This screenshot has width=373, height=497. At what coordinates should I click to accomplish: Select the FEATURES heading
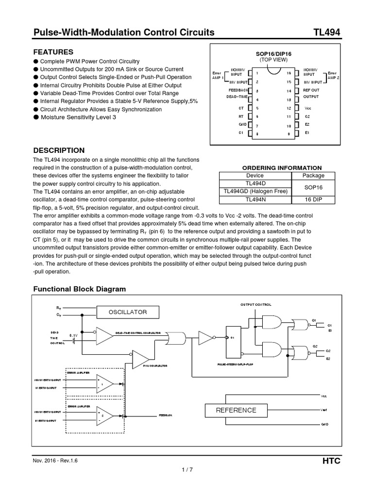[53, 52]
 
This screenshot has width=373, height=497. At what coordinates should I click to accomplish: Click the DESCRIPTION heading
[58, 150]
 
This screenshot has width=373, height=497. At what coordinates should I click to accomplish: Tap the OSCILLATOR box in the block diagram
[127, 312]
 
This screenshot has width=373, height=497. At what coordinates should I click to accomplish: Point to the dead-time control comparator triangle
[104, 334]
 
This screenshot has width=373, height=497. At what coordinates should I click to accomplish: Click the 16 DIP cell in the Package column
[313, 199]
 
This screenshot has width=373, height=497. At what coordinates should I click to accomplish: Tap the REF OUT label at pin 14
[311, 90]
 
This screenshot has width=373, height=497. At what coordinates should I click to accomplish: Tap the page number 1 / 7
[186, 470]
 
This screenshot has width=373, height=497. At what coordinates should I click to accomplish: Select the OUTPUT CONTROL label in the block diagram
[256, 304]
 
